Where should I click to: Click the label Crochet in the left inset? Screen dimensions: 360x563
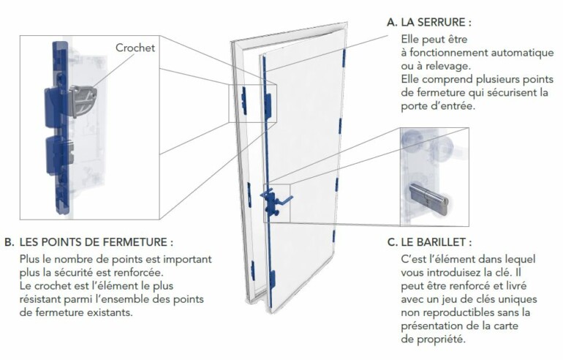click(x=135, y=48)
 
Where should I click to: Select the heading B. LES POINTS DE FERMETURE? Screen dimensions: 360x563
click(x=95, y=242)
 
